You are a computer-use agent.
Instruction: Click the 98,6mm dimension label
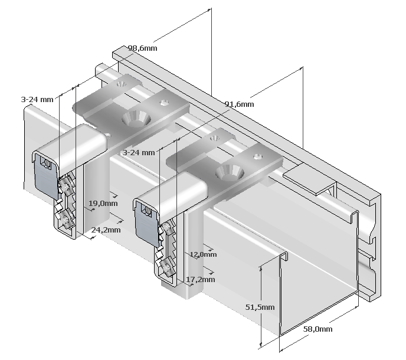coord(143,48)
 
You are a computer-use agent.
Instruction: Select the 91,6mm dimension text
coord(239,104)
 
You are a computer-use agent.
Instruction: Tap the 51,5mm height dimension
coord(260,307)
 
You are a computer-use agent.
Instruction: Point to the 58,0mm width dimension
coord(317,329)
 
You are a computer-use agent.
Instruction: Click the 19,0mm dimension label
coord(103,203)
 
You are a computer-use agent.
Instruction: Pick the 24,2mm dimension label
coord(106,230)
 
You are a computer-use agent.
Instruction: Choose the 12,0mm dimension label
coord(203,254)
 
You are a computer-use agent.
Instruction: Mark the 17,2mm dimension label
coord(201,280)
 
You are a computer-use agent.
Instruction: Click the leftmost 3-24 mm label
coord(37,100)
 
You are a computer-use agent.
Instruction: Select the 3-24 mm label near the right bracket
coord(139,152)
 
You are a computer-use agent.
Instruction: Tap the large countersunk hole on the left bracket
coord(136,119)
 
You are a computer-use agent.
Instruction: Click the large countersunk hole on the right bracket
coord(230,172)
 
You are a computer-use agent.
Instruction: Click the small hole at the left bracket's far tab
coord(121,84)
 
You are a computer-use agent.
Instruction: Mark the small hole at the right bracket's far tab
coord(214,138)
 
